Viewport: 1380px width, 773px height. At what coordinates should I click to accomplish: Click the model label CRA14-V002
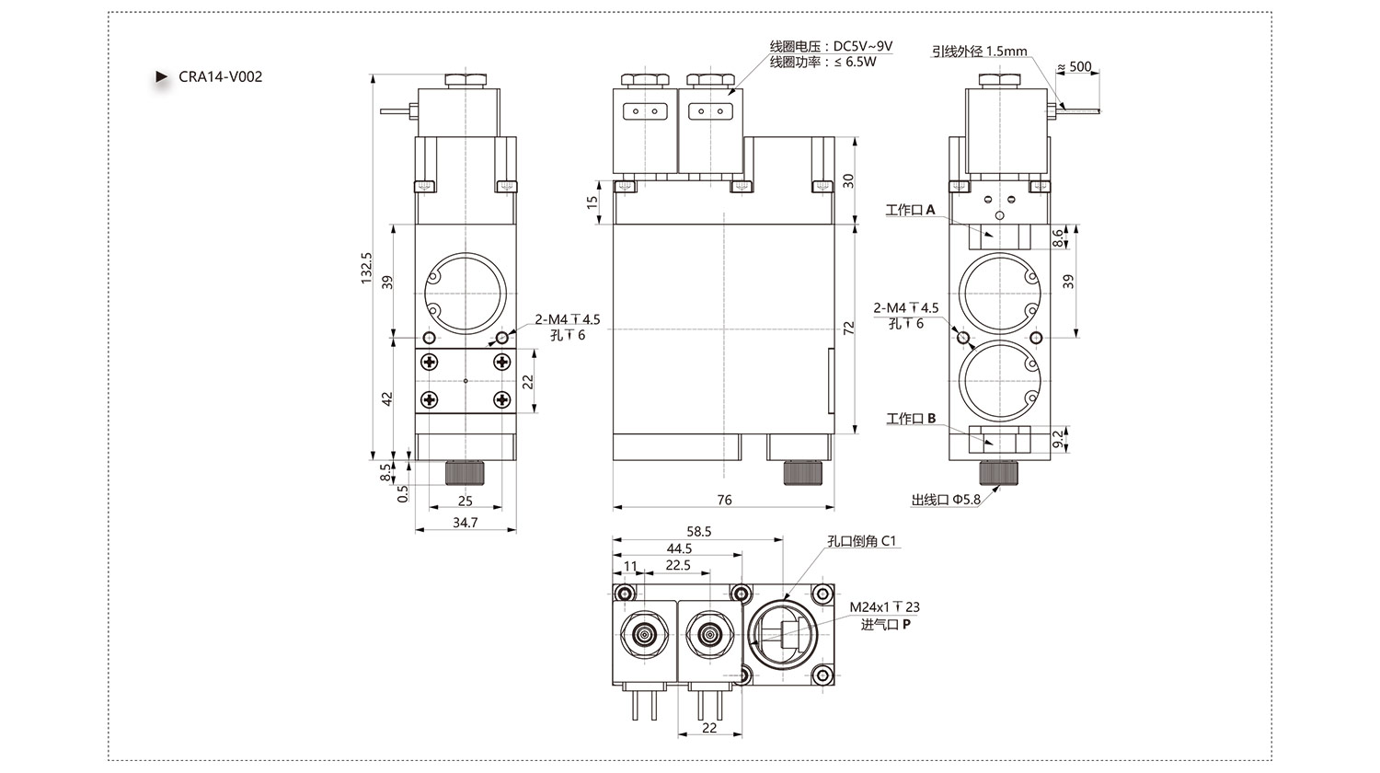coord(221,76)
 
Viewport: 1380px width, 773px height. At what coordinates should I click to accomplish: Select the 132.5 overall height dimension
coord(366,268)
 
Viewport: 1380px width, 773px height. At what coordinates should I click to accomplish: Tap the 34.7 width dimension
coord(466,522)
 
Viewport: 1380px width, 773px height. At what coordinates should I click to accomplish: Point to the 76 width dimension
coord(725,500)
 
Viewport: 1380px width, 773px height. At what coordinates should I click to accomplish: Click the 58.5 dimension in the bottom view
coord(698,531)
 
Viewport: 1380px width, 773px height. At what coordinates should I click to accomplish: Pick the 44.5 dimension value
coord(679,548)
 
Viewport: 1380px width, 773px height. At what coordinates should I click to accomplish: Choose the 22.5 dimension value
coord(678,565)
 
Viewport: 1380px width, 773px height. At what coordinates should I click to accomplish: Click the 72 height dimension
coord(849,328)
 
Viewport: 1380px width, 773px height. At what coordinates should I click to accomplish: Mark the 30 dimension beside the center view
coord(849,180)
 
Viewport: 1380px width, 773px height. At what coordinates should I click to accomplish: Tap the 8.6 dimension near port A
coord(1057,237)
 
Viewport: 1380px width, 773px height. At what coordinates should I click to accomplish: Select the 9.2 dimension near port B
coord(1057,439)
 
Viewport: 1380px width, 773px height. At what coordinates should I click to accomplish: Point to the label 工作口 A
coord(910,210)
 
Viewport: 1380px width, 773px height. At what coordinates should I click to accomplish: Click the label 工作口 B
coord(911,419)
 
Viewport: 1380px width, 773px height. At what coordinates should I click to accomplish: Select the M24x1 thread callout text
coord(885,607)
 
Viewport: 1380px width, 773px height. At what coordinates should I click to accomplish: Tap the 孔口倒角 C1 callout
coord(861,540)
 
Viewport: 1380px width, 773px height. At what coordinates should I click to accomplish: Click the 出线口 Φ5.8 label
coord(946,500)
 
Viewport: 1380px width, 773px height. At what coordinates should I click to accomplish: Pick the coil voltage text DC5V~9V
coord(863,46)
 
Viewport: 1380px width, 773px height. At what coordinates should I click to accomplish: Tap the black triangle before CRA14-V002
coord(161,76)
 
